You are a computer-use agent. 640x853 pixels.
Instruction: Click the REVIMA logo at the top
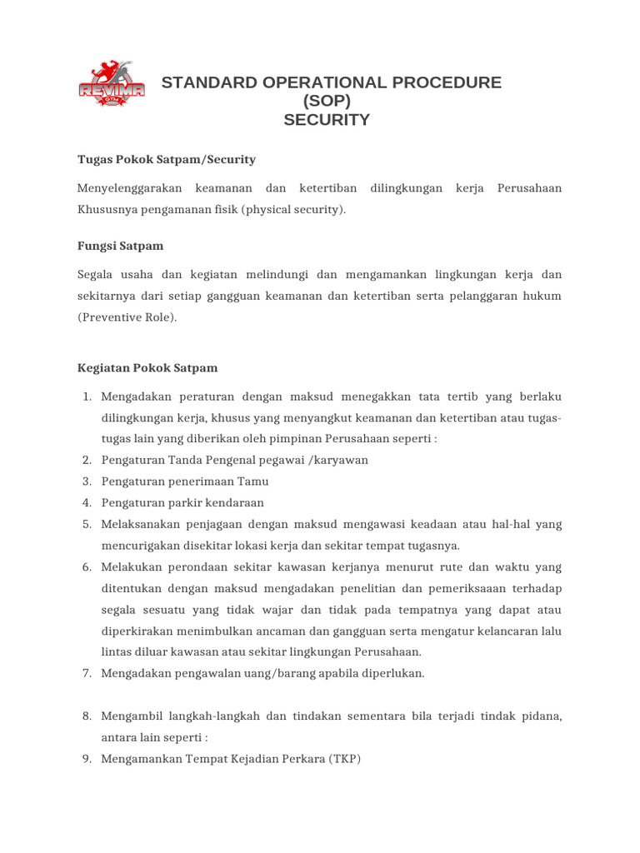point(111,83)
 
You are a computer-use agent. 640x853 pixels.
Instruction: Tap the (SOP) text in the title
point(326,102)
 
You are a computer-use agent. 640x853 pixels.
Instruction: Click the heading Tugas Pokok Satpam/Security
point(167,159)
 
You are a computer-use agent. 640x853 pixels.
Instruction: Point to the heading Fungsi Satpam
point(121,246)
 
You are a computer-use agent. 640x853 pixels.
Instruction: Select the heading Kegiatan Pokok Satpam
point(147,367)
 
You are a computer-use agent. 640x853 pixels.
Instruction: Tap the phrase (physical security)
point(293,210)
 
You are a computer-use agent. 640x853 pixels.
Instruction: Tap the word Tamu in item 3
point(254,481)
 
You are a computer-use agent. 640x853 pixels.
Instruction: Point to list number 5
point(87,525)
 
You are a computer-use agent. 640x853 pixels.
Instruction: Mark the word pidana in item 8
point(542,716)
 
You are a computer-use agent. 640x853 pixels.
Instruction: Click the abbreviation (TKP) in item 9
point(345,760)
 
